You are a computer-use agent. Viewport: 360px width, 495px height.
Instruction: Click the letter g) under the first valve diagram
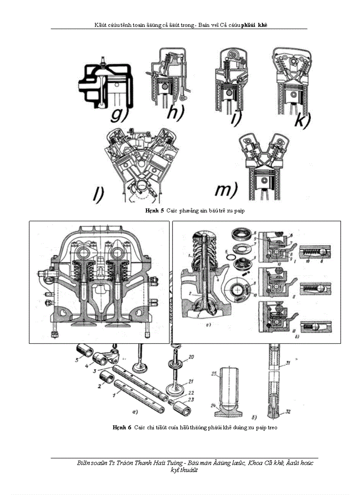click(x=118, y=114)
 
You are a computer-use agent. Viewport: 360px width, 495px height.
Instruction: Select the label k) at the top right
click(x=303, y=119)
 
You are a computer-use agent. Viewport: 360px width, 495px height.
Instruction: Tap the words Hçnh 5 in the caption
click(x=154, y=211)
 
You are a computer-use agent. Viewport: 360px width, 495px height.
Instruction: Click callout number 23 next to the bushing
click(x=190, y=400)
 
